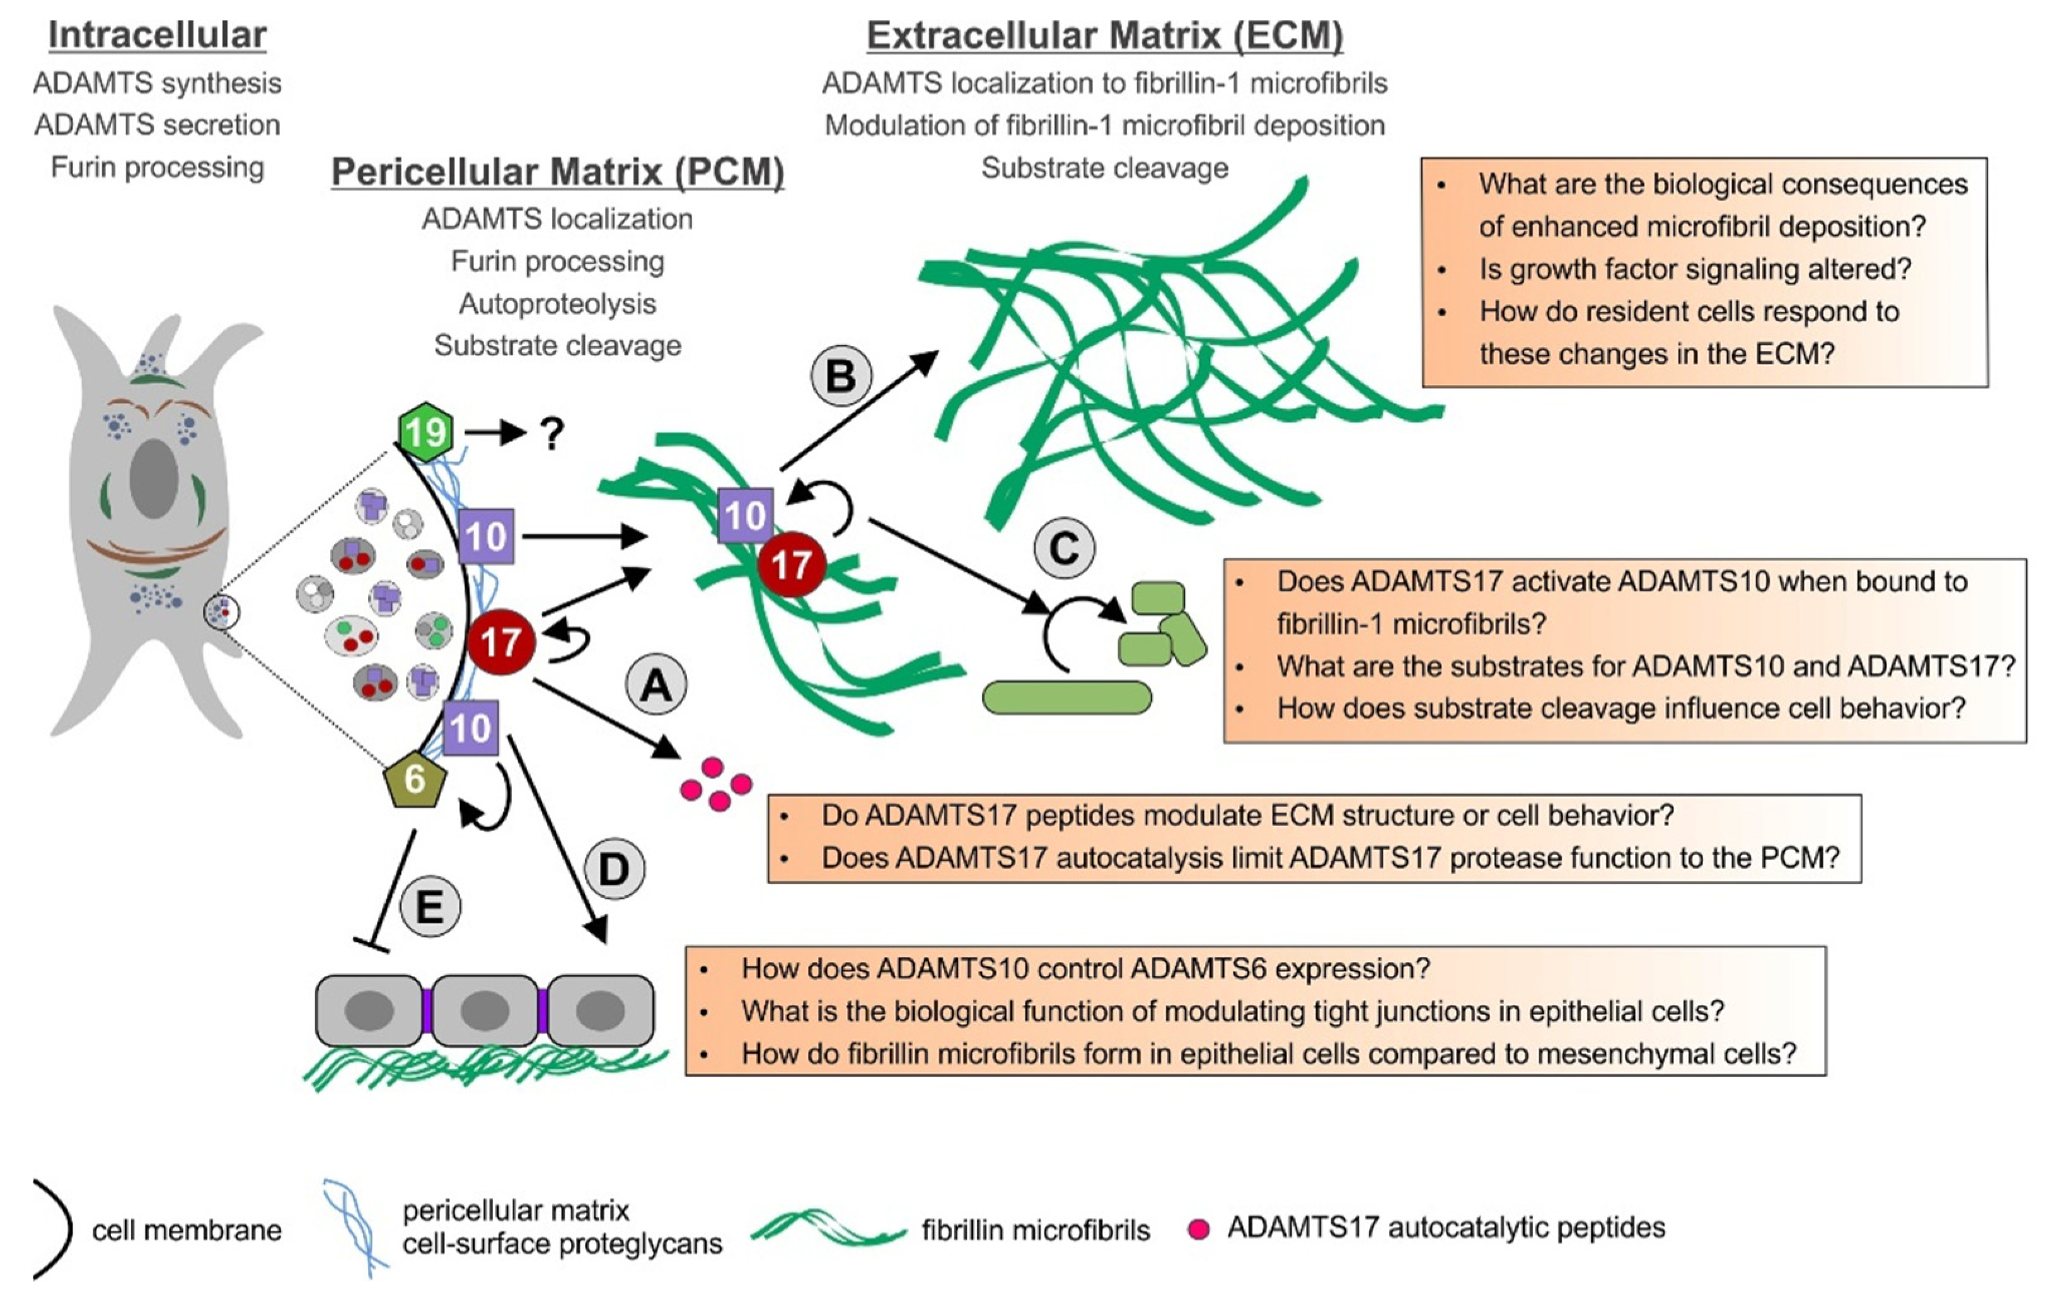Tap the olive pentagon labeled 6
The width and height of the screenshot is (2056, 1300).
(x=415, y=780)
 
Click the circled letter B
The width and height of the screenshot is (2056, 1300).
(x=840, y=376)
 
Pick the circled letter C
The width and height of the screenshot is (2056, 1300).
(x=1064, y=547)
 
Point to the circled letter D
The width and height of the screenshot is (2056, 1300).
(x=614, y=869)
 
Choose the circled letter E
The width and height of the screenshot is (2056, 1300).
(x=429, y=907)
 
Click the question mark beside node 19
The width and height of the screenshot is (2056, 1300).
(x=552, y=435)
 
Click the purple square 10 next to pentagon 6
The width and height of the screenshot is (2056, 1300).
(x=470, y=728)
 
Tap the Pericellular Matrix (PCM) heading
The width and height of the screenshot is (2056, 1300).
(x=558, y=171)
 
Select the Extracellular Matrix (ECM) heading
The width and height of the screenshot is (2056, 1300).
(x=1105, y=35)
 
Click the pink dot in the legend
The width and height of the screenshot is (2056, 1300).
(x=1198, y=1229)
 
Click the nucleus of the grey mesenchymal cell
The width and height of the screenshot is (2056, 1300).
(x=154, y=479)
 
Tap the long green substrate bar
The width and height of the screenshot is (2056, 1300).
(x=1066, y=698)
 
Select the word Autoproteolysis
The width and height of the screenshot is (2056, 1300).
(x=558, y=303)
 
